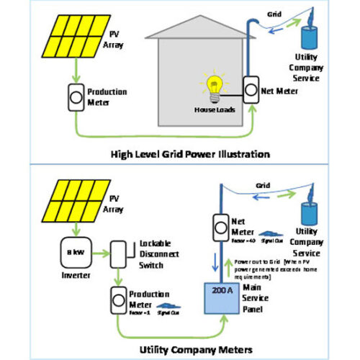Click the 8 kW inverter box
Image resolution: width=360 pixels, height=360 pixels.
click(x=73, y=251)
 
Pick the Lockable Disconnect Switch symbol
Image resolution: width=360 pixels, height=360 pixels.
click(x=119, y=252)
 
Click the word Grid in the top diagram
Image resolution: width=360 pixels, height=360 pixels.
click(x=274, y=14)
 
